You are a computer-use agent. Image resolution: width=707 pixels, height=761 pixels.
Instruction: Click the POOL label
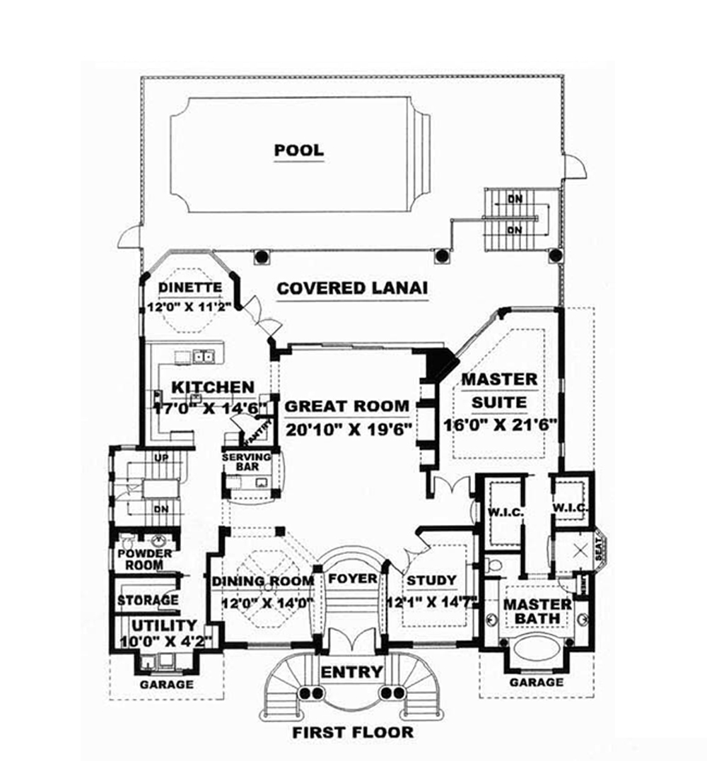299,150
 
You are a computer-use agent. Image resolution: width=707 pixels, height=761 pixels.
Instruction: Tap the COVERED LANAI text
353,288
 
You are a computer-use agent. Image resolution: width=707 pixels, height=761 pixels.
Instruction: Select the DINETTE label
189,288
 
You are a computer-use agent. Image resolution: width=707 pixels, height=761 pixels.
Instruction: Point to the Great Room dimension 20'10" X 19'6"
349,429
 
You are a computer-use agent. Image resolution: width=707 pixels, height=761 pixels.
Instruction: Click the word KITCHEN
213,387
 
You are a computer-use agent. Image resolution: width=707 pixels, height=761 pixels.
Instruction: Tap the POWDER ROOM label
144,559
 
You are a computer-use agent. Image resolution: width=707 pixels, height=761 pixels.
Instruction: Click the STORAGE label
147,601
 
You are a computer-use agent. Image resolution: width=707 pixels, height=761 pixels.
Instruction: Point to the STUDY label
431,581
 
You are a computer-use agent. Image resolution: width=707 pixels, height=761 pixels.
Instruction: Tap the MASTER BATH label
537,611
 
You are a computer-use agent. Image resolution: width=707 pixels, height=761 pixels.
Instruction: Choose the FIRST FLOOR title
353,732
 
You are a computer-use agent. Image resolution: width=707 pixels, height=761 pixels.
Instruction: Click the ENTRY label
352,671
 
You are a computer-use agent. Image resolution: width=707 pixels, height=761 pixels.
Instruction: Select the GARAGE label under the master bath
537,683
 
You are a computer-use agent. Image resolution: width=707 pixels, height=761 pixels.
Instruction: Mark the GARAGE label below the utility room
166,685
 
